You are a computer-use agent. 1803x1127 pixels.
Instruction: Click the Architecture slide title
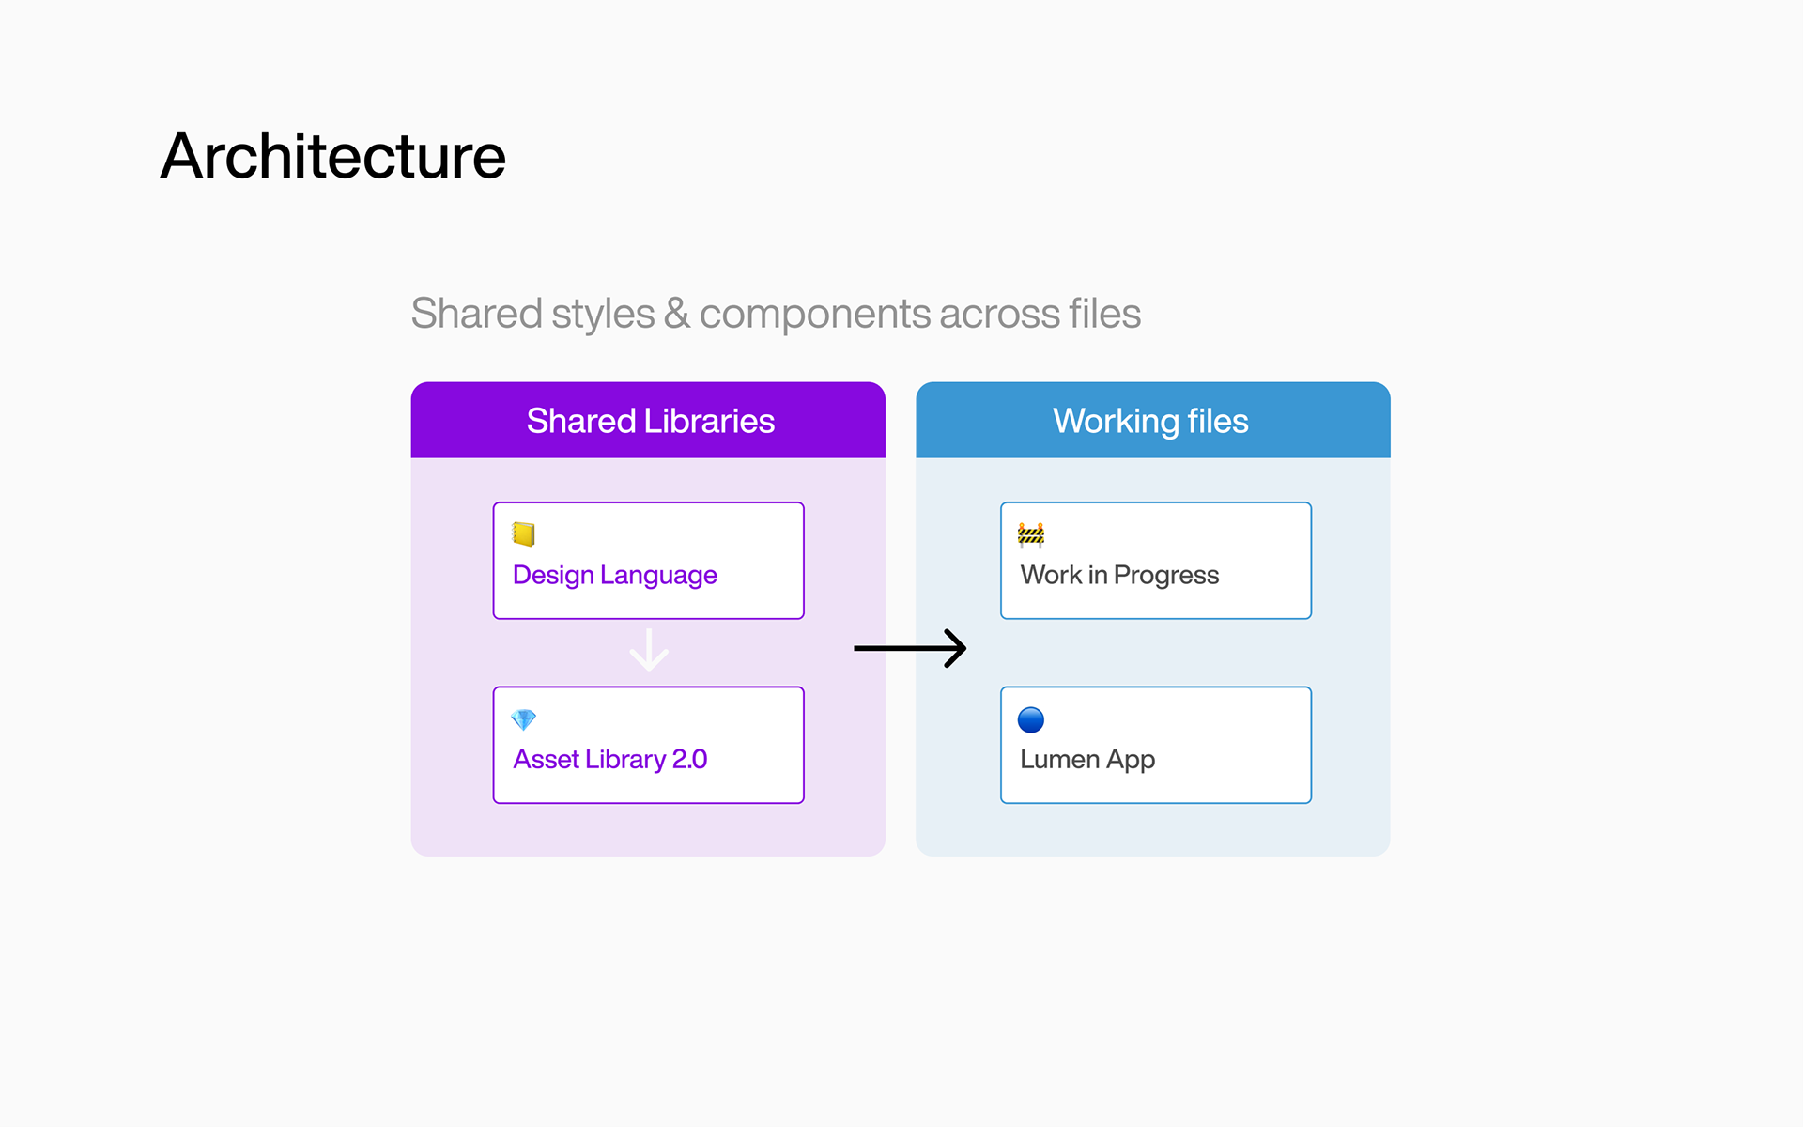tap(333, 156)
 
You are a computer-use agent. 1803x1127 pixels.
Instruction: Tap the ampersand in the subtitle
tap(676, 314)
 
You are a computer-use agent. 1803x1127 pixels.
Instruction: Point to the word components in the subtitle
tap(814, 314)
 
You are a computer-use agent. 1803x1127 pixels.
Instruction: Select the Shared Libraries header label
tap(650, 421)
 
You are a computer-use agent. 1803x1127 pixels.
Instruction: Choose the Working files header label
tap(1150, 421)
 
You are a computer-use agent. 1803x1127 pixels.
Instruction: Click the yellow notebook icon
tap(523, 534)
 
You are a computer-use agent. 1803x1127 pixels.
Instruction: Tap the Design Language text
tap(615, 575)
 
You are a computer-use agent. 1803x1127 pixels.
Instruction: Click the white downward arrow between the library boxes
tap(649, 650)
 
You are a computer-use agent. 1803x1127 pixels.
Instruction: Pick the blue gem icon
tap(523, 719)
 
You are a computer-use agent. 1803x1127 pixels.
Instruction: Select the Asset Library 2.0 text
tap(609, 759)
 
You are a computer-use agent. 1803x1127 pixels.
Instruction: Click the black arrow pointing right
tap(910, 648)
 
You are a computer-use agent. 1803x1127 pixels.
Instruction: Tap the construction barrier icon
tap(1031, 534)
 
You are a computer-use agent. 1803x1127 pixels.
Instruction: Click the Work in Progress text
tap(1119, 575)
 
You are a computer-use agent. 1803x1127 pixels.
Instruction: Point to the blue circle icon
tap(1031, 719)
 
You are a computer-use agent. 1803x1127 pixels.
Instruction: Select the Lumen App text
tap(1087, 759)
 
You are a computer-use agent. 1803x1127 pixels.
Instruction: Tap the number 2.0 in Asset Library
tap(689, 759)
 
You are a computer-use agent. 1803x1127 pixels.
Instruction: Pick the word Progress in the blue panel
tap(1166, 575)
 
